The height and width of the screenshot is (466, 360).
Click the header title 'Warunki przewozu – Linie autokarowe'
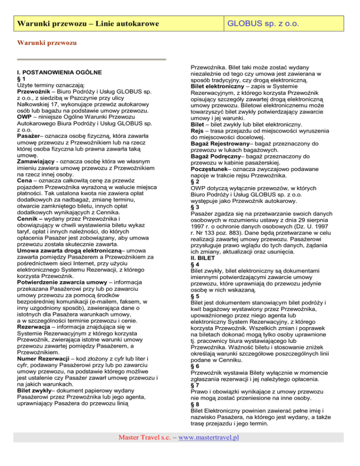[86, 23]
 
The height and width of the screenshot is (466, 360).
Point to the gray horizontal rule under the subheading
[91, 59]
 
